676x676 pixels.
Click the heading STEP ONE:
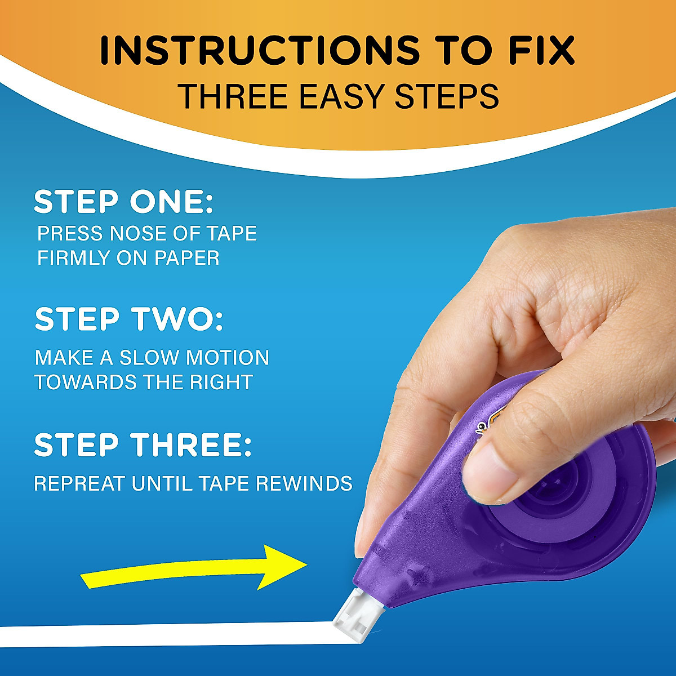(x=124, y=202)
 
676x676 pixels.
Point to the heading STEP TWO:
(x=129, y=319)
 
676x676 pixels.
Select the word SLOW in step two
(x=150, y=358)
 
